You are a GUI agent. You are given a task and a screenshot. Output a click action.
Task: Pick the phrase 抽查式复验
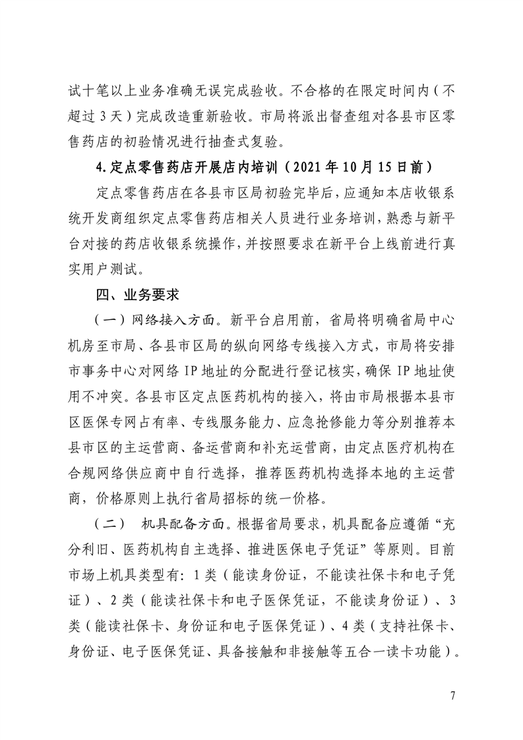pos(251,140)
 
